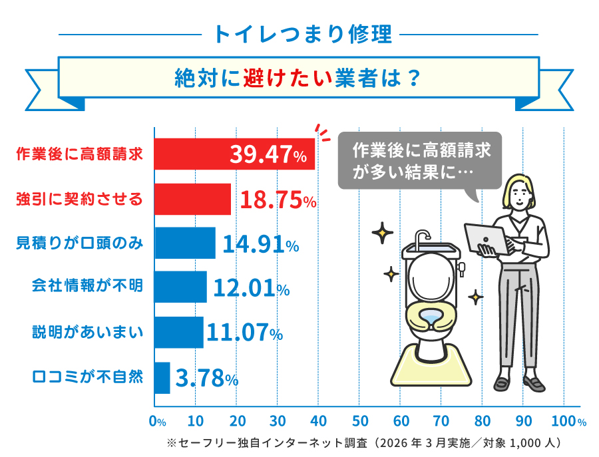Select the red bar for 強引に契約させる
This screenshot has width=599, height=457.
coord(193,199)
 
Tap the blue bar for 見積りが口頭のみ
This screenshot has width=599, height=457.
coord(185,243)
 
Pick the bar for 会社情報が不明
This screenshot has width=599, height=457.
coord(180,287)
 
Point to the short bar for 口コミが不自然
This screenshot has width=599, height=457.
coord(162,378)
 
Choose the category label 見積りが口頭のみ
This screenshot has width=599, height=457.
coord(79,243)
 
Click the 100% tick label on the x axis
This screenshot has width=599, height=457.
coord(568,422)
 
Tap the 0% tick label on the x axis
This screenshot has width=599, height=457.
coord(158,422)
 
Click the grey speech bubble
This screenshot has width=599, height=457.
coord(419,160)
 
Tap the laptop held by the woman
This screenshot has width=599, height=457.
coord(485,237)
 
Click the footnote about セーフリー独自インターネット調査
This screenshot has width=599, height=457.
coord(367,443)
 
